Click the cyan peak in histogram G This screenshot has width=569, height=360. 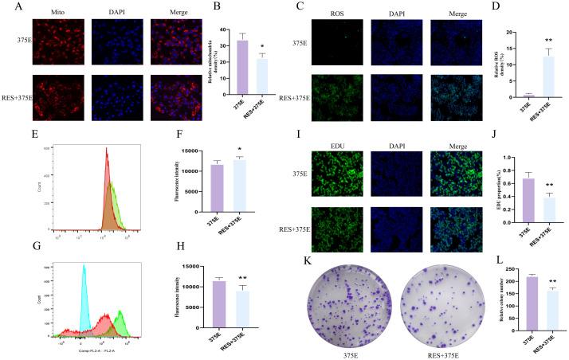coord(84,271)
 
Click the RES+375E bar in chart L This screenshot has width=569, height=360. coord(540,310)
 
